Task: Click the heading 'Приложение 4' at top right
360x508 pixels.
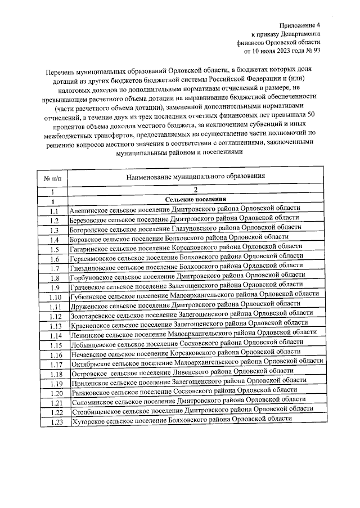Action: coord(301,25)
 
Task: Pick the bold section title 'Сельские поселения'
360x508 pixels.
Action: coord(195,200)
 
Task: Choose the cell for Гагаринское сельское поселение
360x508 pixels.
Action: coord(186,247)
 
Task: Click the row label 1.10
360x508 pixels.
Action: coord(54,298)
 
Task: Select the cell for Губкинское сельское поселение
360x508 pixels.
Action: coord(193,294)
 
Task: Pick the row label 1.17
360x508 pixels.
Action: coord(55,365)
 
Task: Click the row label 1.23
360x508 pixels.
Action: coord(55,422)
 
